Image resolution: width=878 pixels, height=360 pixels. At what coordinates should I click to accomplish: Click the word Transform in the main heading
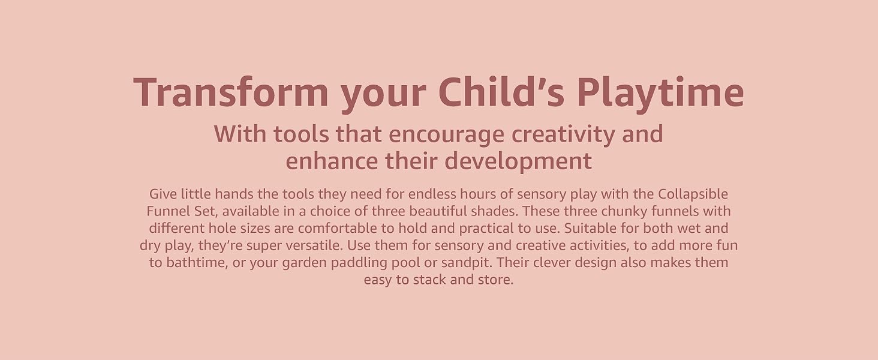(x=231, y=92)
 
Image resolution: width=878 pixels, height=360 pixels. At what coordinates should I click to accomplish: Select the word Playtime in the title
(x=660, y=95)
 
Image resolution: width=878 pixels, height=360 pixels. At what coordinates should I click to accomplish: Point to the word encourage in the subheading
(x=446, y=135)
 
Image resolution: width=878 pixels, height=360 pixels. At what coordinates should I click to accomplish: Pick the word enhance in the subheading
(x=332, y=161)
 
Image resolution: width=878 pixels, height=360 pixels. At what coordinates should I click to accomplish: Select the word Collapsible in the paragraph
(x=693, y=194)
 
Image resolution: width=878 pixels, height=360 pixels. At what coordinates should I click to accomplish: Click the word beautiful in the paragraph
(x=436, y=211)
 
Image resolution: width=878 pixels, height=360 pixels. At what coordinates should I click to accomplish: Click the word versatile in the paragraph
(x=314, y=245)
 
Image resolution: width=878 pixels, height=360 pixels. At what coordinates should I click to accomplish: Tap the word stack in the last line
(x=429, y=280)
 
